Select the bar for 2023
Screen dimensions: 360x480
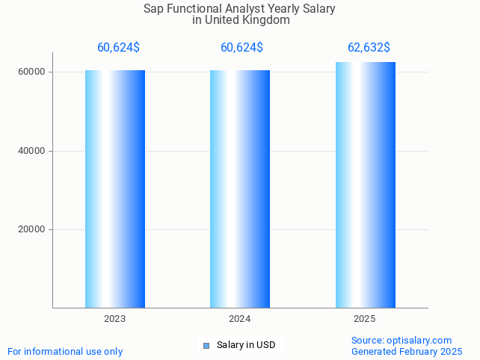click(x=115, y=188)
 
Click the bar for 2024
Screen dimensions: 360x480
click(x=240, y=188)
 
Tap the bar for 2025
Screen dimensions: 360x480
click(x=365, y=184)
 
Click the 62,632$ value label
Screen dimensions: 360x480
click(x=369, y=48)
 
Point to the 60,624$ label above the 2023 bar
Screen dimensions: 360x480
click(x=118, y=48)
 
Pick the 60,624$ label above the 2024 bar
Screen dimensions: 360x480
click(x=241, y=48)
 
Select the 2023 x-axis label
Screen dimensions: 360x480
click(x=115, y=319)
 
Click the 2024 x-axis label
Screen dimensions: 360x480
click(x=240, y=319)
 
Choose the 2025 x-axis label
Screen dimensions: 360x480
click(x=365, y=319)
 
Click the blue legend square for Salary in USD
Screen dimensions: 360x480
click(x=207, y=345)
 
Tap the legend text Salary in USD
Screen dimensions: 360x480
click(x=246, y=345)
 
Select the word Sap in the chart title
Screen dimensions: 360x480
click(x=153, y=9)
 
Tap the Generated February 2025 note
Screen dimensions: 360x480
click(x=407, y=351)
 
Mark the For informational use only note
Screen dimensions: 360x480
click(x=65, y=351)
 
